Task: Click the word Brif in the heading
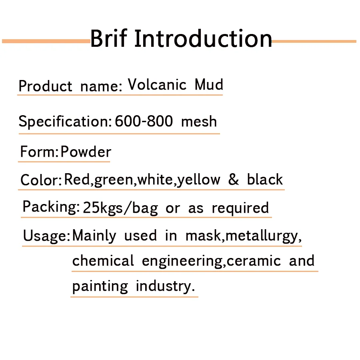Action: (x=108, y=38)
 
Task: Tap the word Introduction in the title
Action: (x=203, y=38)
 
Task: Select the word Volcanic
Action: (x=157, y=84)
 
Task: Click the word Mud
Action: (x=209, y=84)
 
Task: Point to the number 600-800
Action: (x=144, y=121)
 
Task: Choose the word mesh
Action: (x=199, y=121)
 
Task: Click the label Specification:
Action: (x=65, y=122)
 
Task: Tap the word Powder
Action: (x=86, y=152)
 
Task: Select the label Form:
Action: (x=39, y=152)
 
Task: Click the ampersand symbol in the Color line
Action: (x=234, y=179)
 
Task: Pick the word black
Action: (x=265, y=179)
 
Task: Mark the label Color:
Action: (x=41, y=180)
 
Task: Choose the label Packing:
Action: (x=51, y=207)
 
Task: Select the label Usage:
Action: (x=46, y=236)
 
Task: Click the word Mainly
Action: (x=94, y=236)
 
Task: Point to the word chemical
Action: (x=103, y=260)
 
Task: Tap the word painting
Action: (x=100, y=286)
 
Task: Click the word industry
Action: (x=165, y=286)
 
